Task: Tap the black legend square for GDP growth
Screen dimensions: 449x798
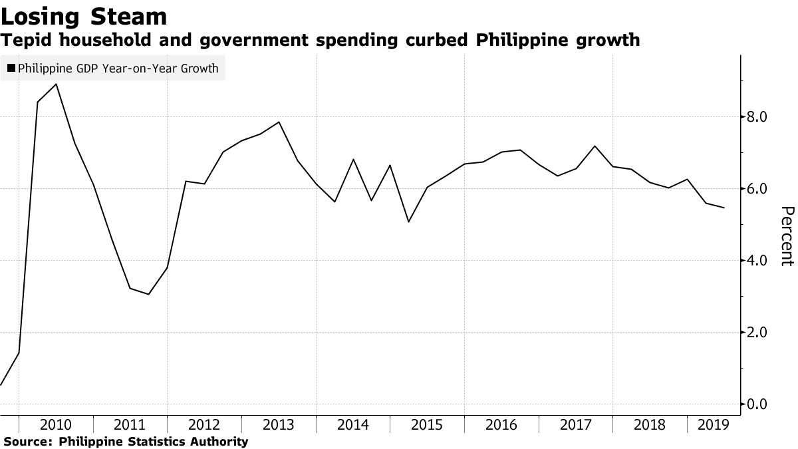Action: click(x=11, y=68)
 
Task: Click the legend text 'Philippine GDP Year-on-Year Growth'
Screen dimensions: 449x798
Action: click(x=118, y=68)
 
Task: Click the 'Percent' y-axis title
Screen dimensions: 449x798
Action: click(x=786, y=236)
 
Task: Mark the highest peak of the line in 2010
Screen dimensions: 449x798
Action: click(x=56, y=84)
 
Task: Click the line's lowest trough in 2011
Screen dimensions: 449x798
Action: click(x=148, y=294)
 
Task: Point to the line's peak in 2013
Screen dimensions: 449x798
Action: click(x=279, y=122)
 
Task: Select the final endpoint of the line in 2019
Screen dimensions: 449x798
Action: click(x=724, y=208)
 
